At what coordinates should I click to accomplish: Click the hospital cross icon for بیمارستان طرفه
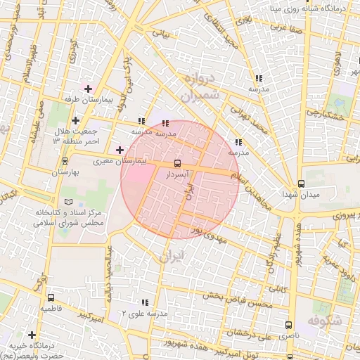[88, 89]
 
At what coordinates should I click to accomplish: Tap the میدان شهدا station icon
[301, 182]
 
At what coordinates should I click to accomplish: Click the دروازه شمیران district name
[197, 87]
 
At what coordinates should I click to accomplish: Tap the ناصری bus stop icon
[288, 325]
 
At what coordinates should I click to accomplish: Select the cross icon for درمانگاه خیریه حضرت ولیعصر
[31, 334]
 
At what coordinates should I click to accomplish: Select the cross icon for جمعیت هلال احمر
[76, 121]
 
